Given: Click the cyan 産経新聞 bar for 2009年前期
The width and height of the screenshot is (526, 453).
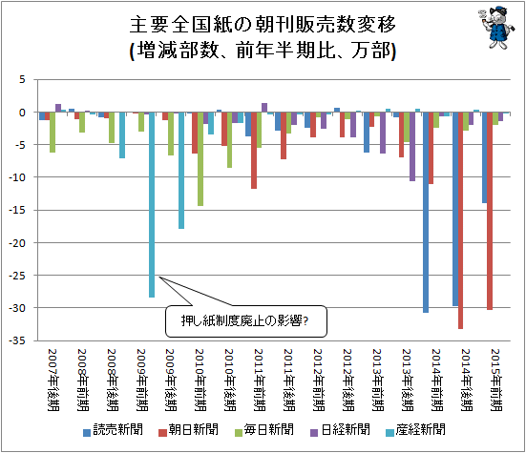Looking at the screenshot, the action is pyautogui.click(x=152, y=205).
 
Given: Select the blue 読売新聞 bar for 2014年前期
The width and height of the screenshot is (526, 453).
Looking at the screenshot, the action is pyautogui.click(x=426, y=213).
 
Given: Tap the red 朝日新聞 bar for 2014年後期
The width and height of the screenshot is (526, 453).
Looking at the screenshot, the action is pyautogui.click(x=460, y=220).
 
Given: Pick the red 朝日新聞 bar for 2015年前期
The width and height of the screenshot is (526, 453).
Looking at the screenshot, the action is pyautogui.click(x=490, y=211).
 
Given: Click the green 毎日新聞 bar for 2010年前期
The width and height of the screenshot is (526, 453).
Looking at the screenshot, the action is pyautogui.click(x=200, y=159).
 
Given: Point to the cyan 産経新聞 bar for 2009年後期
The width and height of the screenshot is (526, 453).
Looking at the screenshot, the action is pyautogui.click(x=181, y=171).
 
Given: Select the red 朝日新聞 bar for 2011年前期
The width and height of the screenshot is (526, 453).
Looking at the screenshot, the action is pyautogui.click(x=254, y=151).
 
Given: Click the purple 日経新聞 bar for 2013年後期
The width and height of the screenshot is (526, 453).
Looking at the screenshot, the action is pyautogui.click(x=412, y=147).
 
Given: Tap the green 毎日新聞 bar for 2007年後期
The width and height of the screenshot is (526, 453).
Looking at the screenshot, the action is pyautogui.click(x=53, y=133).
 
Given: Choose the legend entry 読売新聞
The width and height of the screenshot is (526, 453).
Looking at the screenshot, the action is pyautogui.click(x=113, y=429).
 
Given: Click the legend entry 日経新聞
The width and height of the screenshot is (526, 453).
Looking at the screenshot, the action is pyautogui.click(x=340, y=429).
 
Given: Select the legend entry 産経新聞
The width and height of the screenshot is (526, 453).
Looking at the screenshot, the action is pyautogui.click(x=415, y=429).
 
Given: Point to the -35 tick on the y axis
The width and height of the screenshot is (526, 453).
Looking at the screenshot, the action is pyautogui.click(x=17, y=340).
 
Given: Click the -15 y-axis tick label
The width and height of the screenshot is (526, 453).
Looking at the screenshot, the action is pyautogui.click(x=17, y=210).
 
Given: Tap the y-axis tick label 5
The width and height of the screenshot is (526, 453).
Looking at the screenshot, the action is pyautogui.click(x=22, y=80).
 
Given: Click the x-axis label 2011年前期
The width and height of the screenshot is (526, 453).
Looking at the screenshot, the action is pyautogui.click(x=259, y=380).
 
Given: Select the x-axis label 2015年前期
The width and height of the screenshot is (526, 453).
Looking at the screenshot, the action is pyautogui.click(x=495, y=380).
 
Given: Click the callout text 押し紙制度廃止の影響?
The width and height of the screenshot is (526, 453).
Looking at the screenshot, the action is pyautogui.click(x=244, y=321).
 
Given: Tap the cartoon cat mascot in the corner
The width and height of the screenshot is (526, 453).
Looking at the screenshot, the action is pyautogui.click(x=496, y=28).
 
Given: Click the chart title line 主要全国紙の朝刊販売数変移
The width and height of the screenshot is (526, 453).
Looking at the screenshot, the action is pyautogui.click(x=263, y=24).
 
